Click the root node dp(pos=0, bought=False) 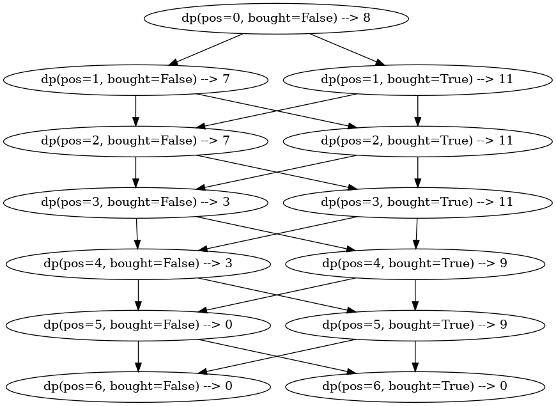click(276, 18)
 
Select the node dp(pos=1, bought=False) click(135, 79)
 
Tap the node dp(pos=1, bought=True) click(417, 79)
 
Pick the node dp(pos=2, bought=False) click(135, 140)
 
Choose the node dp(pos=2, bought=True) click(417, 140)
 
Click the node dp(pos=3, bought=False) click(135, 202)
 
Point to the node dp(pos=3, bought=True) click(417, 202)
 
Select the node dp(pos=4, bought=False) click(138, 263)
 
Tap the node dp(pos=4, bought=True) click(415, 263)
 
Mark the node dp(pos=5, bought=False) click(138, 324)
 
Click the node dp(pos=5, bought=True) click(415, 324)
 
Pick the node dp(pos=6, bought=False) click(138, 386)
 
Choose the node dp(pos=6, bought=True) click(415, 386)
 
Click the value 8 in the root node click(366, 18)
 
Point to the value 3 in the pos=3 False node click(226, 202)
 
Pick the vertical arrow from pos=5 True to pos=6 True click(415, 355)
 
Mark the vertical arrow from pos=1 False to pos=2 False click(135, 109)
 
